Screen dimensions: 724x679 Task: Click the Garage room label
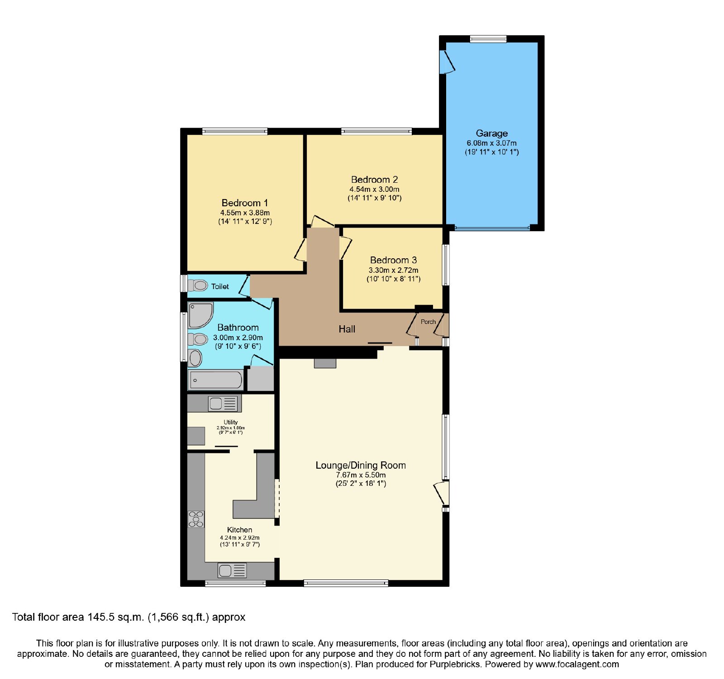pyautogui.click(x=491, y=133)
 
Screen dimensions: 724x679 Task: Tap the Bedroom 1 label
pyautogui.click(x=244, y=203)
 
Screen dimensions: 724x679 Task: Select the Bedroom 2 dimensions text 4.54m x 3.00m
pyautogui.click(x=374, y=189)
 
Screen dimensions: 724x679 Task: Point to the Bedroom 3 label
pyautogui.click(x=393, y=260)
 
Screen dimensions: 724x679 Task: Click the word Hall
pyautogui.click(x=347, y=329)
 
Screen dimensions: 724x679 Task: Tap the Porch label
pyautogui.click(x=428, y=322)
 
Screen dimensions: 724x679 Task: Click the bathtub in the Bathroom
pyautogui.click(x=216, y=380)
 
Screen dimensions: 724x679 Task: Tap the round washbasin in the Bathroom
pyautogui.click(x=195, y=358)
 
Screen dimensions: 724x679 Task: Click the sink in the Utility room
pyautogui.click(x=222, y=403)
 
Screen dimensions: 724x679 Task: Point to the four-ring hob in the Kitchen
pyautogui.click(x=196, y=519)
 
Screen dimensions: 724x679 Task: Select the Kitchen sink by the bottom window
pyautogui.click(x=232, y=570)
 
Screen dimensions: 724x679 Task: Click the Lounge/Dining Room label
pyautogui.click(x=361, y=465)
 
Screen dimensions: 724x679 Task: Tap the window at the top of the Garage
pyautogui.click(x=488, y=39)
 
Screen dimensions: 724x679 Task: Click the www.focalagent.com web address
pyautogui.click(x=577, y=665)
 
